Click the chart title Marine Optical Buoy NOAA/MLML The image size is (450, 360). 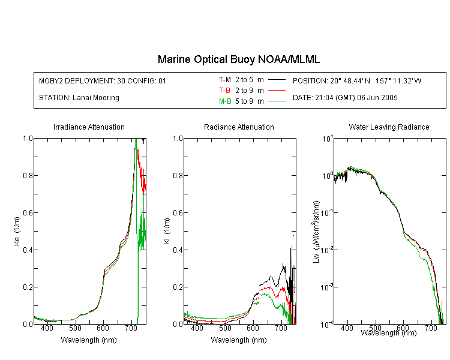pos(238,59)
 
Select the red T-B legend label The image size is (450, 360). pos(225,91)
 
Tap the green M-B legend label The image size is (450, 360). pos(225,101)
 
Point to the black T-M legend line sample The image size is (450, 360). pos(277,80)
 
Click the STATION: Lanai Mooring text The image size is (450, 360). pos(79,98)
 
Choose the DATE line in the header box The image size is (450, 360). pos(345,98)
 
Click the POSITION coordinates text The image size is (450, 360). pos(357,80)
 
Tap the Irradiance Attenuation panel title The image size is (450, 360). pos(89,127)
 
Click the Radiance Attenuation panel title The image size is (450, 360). pos(239,127)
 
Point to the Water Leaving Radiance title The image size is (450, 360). pos(389,127)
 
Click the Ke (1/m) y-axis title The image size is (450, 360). pos(17,232)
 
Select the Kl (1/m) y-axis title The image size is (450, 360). pos(167,232)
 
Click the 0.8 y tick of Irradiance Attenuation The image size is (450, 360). pos(28,175)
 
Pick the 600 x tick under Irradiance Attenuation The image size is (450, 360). pos(103,328)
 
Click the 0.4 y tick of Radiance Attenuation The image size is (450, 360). pos(178,250)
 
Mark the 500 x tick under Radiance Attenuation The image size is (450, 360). pos(225,328)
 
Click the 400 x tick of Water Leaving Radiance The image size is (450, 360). pos(347,328)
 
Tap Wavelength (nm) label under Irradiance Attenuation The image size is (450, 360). pos(89,340)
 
